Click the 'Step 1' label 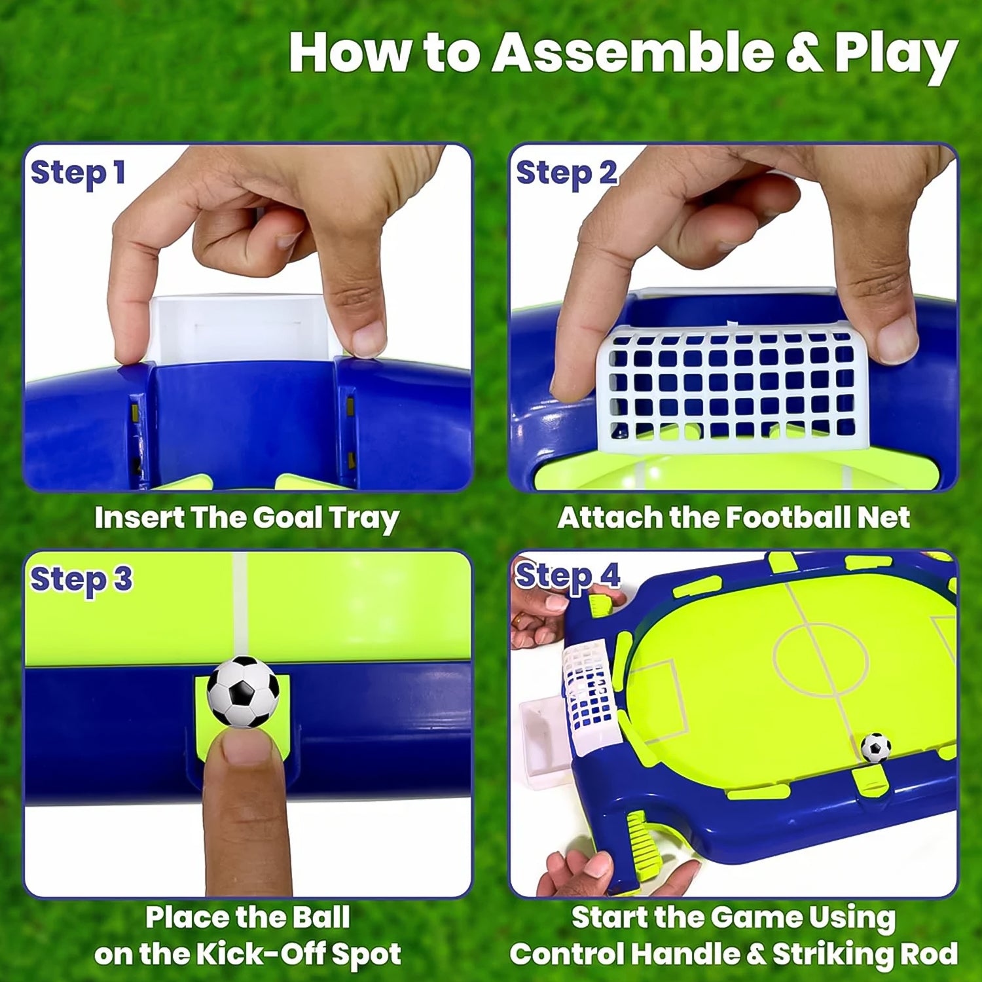(x=78, y=173)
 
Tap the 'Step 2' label (x=566, y=173)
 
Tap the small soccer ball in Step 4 (x=875, y=747)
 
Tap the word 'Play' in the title (x=895, y=54)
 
